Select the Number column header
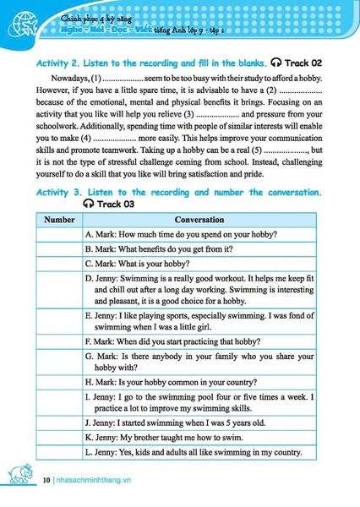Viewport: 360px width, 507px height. (x=59, y=219)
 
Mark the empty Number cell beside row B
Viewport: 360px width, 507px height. (x=59, y=249)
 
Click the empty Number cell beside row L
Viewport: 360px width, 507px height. (x=59, y=452)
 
